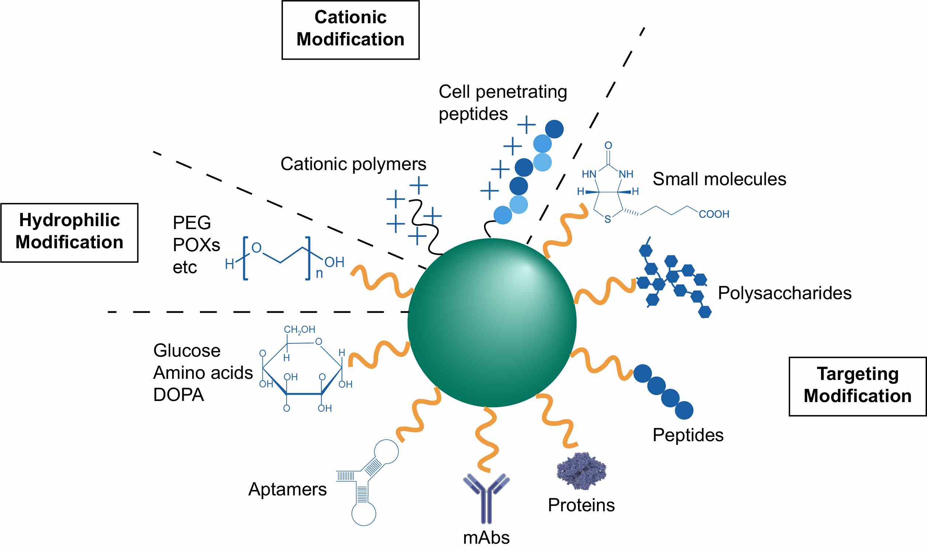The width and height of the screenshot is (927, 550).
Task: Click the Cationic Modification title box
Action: coord(350,30)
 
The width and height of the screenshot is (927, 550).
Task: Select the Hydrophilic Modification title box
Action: coord(69,232)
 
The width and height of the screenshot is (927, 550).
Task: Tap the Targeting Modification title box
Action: coord(857,386)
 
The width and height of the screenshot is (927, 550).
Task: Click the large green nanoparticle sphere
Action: coord(492,322)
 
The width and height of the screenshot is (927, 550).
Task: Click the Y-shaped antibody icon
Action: coord(486,497)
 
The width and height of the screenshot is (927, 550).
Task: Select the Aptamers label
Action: coord(287,489)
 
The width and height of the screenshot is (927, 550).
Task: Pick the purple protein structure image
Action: coord(581,471)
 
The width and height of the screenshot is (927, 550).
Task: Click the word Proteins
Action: coord(581,505)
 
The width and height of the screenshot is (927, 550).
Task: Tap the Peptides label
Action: coord(688,435)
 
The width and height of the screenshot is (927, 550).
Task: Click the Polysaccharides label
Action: coord(784,293)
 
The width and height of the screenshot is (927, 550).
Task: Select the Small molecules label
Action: coord(719,179)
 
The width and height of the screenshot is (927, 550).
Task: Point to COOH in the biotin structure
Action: coord(713,214)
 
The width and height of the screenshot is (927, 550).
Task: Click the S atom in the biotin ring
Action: coord(608,219)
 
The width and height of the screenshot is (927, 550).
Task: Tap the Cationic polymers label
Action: coord(353,164)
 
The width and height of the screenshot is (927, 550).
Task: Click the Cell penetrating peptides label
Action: coord(502,102)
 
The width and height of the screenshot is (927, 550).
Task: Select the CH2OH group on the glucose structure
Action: coord(300,329)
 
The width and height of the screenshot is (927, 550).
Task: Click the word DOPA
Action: coord(179,395)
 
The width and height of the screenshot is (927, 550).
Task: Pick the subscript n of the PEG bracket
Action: coord(319,273)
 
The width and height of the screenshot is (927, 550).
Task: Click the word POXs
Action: coord(196,245)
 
